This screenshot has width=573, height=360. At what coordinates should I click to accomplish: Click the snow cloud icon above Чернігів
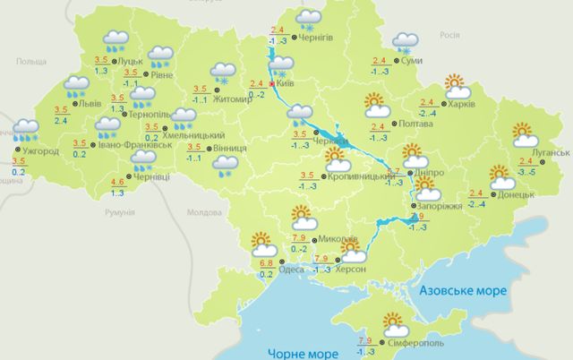tap(309, 19)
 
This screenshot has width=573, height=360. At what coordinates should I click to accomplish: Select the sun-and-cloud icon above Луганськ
tap(526, 134)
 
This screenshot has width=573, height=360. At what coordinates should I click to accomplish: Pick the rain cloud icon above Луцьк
tap(115, 39)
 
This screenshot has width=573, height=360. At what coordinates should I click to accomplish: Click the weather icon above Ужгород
tap(26, 131)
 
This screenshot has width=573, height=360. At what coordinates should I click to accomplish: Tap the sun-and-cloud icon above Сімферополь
tap(394, 321)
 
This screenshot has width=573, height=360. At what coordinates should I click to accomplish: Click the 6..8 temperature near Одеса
tap(266, 263)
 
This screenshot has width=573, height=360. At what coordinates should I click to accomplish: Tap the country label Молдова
tap(203, 213)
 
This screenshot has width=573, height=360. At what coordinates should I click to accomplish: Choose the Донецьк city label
tap(516, 193)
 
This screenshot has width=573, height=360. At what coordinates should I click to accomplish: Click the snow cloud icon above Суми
tap(406, 41)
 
